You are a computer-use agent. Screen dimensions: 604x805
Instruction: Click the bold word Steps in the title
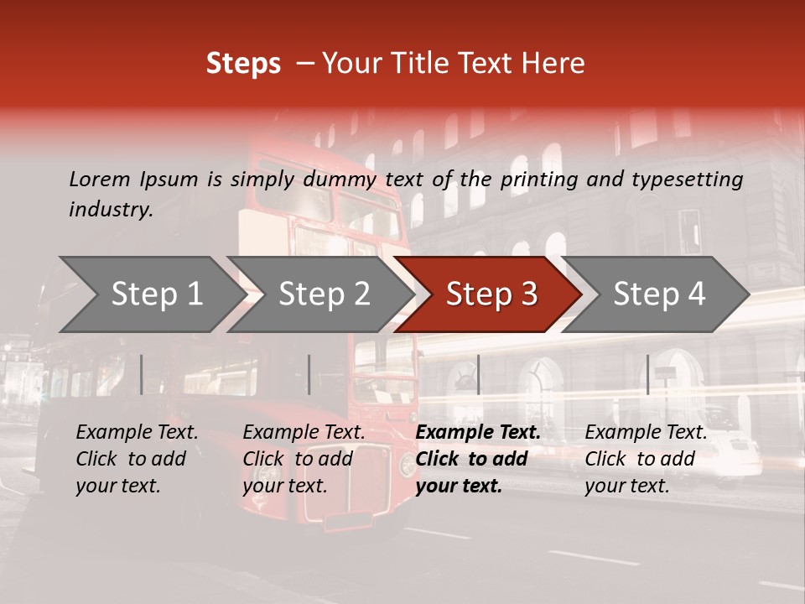click(x=243, y=64)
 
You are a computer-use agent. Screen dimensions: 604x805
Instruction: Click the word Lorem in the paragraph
click(x=99, y=179)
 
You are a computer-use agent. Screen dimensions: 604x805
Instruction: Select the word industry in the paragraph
click(x=111, y=210)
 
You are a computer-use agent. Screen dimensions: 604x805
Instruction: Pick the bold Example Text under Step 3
click(x=478, y=433)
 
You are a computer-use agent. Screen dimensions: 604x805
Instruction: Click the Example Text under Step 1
click(x=137, y=433)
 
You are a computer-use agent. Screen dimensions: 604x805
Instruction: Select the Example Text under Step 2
click(x=304, y=433)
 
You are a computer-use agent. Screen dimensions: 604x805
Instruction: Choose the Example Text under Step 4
click(x=646, y=433)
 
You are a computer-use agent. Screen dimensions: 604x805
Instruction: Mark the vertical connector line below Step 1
click(x=142, y=374)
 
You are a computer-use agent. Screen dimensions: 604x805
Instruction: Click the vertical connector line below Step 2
click(x=309, y=374)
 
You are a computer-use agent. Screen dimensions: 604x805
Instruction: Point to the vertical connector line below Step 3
click(x=478, y=374)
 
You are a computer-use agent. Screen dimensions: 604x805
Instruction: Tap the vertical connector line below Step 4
click(x=647, y=374)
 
